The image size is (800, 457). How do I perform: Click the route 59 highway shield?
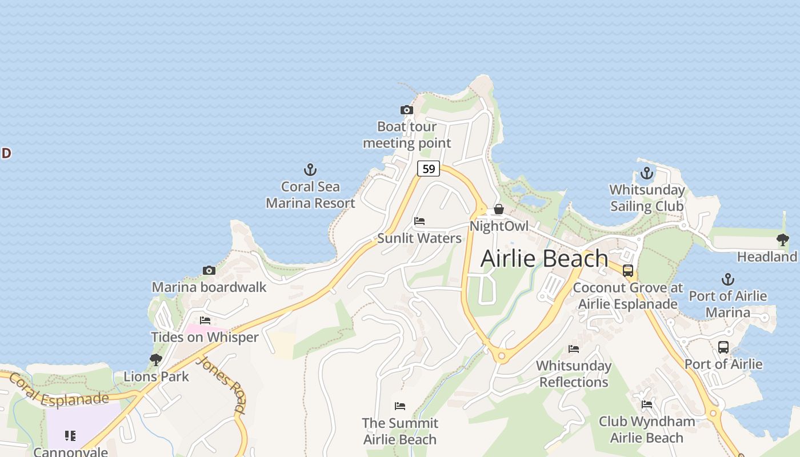pyautogui.click(x=429, y=169)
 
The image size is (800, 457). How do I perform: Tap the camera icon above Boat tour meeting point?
pyautogui.click(x=406, y=110)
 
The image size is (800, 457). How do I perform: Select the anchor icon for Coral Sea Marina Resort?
pyautogui.click(x=310, y=170)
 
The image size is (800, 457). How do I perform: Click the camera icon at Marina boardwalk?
pyautogui.click(x=209, y=270)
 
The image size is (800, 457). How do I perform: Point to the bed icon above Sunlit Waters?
pyautogui.click(x=419, y=221)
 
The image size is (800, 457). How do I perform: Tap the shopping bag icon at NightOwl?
pyautogui.click(x=499, y=209)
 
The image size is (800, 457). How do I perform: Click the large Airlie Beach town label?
pyautogui.click(x=544, y=258)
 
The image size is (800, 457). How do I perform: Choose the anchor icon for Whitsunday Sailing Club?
pyautogui.click(x=647, y=173)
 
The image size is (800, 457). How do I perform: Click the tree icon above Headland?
pyautogui.click(x=782, y=240)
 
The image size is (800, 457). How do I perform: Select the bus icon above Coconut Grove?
pyautogui.click(x=628, y=271)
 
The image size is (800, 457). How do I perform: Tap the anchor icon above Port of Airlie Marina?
pyautogui.click(x=727, y=279)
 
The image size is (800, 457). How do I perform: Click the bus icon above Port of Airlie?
pyautogui.click(x=723, y=347)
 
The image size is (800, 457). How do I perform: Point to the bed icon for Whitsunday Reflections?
pyautogui.click(x=574, y=348)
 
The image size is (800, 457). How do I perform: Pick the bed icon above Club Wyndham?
pyautogui.click(x=647, y=404)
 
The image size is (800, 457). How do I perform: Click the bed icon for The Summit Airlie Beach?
pyautogui.click(x=400, y=406)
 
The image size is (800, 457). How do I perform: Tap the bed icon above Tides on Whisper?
pyautogui.click(x=205, y=320)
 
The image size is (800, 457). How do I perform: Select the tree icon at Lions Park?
pyautogui.click(x=155, y=360)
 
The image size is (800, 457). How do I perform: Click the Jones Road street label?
pyautogui.click(x=221, y=384)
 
